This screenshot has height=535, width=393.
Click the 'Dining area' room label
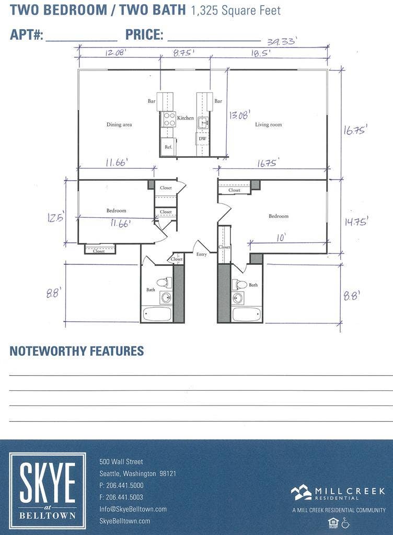point(119,125)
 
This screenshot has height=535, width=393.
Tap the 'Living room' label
point(268,125)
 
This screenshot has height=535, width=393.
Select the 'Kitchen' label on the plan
point(186,118)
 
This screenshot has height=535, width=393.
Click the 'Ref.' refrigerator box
point(168,147)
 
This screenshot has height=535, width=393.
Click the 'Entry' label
point(202,254)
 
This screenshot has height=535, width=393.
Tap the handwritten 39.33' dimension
point(282,42)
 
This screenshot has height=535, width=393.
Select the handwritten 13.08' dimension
point(239,114)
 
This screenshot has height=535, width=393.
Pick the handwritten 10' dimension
point(281,238)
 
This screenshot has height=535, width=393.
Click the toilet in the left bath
point(164,283)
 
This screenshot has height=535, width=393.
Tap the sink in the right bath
point(238,298)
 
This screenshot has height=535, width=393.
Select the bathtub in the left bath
point(157,315)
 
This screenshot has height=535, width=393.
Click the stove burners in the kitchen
point(169,120)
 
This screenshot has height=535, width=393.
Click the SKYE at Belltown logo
point(47,491)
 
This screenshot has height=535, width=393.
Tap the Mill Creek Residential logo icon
point(301,492)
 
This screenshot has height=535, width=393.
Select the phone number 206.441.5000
point(125,485)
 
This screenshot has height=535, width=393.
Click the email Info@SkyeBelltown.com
point(133,509)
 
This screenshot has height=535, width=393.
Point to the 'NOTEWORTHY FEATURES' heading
point(76,351)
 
